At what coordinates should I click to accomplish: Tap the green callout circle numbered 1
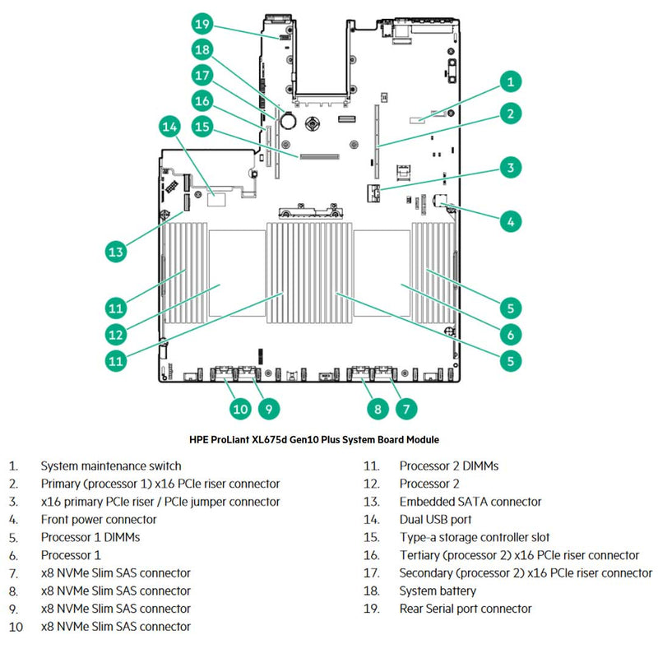[510, 81]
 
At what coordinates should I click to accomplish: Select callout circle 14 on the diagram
[169, 127]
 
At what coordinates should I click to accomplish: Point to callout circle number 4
[510, 220]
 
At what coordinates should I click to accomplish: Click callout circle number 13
[116, 250]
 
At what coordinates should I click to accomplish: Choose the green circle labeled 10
[239, 407]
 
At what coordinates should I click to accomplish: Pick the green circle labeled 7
[405, 407]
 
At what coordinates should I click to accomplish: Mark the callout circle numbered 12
[116, 334]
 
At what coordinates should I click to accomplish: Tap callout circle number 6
[510, 334]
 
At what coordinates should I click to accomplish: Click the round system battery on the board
[289, 120]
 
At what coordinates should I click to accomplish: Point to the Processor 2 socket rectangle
[236, 271]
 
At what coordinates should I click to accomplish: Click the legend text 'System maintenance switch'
[111, 466]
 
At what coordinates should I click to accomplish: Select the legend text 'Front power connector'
[99, 519]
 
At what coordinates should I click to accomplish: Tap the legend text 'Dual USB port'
[436, 519]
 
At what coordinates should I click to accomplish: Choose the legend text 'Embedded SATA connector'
[470, 502]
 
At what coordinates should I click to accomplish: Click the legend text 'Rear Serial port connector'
[466, 609]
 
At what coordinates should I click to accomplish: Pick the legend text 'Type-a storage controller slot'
[475, 537]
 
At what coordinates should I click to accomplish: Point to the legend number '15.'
[371, 537]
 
